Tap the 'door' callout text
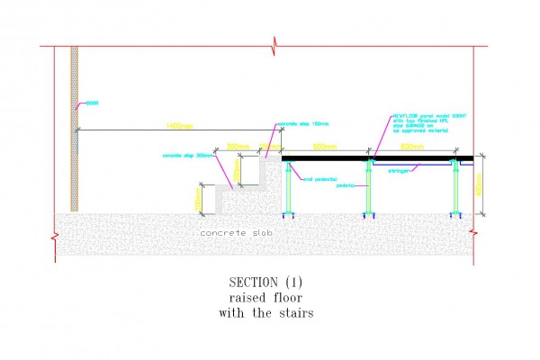click(x=91, y=103)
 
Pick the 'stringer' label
click(x=400, y=169)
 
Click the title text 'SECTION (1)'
click(x=266, y=283)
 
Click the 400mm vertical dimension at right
click(x=480, y=185)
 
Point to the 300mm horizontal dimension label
click(x=238, y=146)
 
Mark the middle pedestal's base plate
click(x=369, y=214)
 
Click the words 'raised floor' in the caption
click(x=266, y=298)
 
